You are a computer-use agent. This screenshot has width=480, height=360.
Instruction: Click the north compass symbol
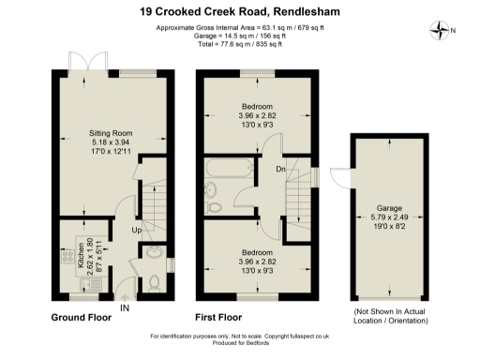(x=440, y=29)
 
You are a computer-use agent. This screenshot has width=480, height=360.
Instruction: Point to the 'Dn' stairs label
(x=279, y=170)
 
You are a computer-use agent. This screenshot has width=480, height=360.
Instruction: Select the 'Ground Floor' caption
(x=81, y=318)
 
